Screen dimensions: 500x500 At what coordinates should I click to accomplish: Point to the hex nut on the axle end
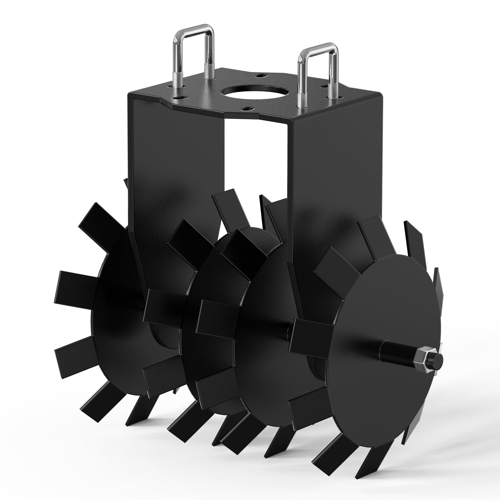point(426,364)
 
